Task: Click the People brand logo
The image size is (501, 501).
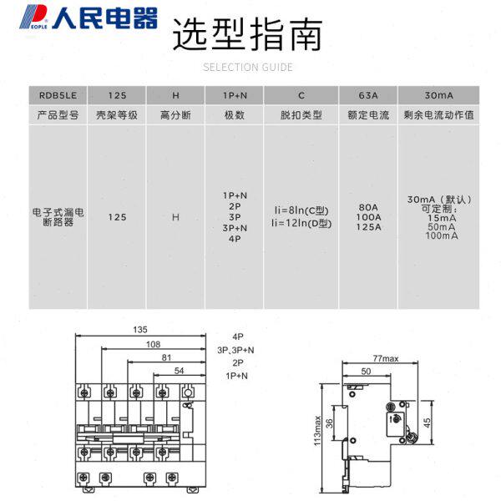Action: tap(80, 17)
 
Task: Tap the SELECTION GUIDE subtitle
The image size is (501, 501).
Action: tap(248, 68)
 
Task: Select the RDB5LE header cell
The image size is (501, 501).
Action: tap(57, 95)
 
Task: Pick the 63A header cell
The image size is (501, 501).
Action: tap(367, 95)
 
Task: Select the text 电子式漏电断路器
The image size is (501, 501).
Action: tap(57, 217)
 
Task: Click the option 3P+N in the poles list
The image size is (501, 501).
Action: tap(234, 228)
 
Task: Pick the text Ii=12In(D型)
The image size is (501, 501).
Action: tap(301, 223)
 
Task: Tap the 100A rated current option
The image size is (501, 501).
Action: tap(367, 216)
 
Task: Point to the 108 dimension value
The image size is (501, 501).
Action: tap(152, 343)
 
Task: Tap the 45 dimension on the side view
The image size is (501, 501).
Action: tap(429, 422)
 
